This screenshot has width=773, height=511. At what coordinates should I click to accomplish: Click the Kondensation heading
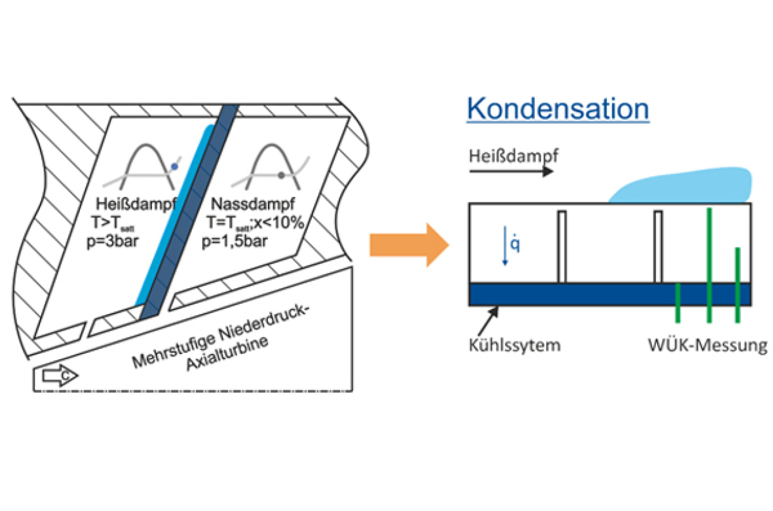tap(558, 108)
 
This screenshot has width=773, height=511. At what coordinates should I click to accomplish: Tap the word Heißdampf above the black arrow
tap(513, 155)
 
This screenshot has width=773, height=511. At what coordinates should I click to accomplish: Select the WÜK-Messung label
tap(706, 346)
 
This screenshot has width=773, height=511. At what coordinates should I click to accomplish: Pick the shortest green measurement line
tap(678, 303)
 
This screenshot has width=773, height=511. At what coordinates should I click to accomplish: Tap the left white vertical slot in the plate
tap(561, 246)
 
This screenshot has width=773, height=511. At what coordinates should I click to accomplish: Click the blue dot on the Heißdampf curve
tap(175, 167)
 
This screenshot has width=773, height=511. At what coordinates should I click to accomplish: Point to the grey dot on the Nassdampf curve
tap(279, 174)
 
